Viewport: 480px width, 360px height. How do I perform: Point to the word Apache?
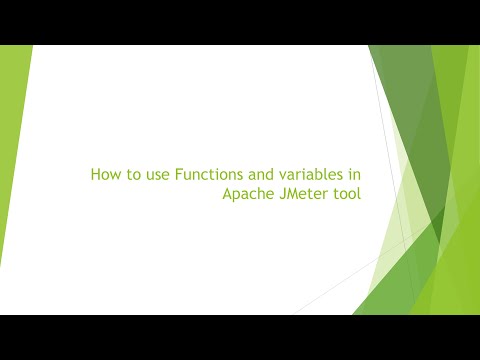point(249,195)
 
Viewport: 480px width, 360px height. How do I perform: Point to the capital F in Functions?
point(178,175)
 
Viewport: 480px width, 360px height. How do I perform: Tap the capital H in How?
point(96,175)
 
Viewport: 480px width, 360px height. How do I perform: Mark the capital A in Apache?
point(228,195)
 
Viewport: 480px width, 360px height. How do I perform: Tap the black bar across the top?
point(240,22)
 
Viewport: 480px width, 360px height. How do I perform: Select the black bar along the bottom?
point(240,337)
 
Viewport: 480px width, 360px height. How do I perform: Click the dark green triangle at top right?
point(400,80)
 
